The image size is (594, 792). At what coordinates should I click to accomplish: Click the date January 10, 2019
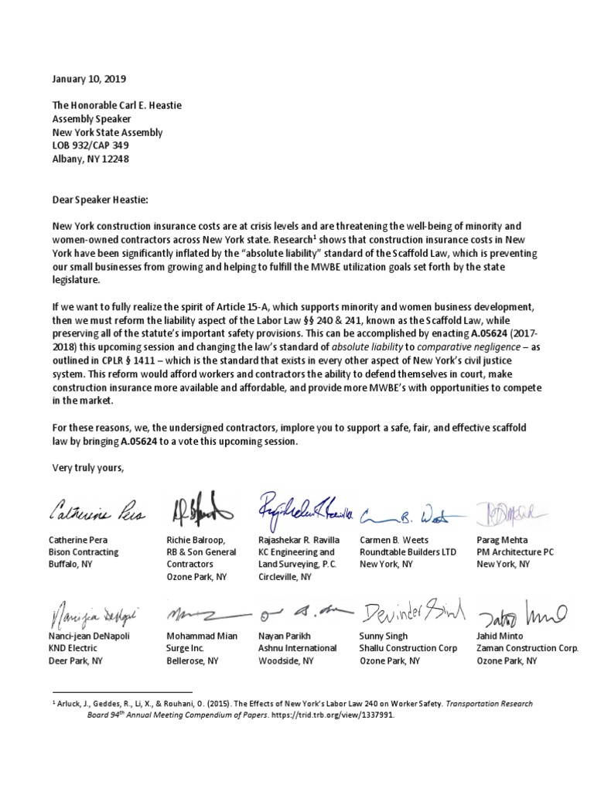88,79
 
